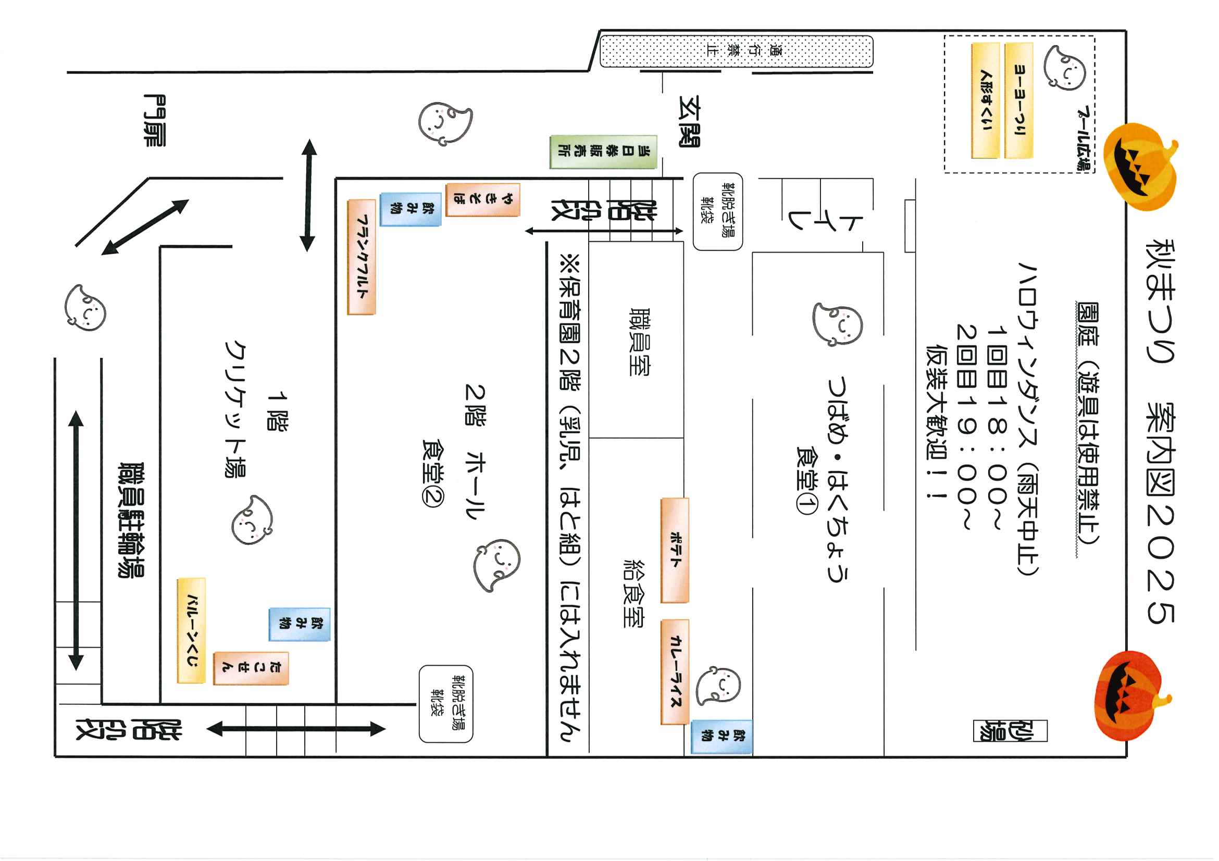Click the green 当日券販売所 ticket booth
click(604, 151)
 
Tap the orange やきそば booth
click(482, 199)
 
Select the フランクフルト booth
click(362, 257)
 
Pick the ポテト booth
click(675, 550)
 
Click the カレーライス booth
click(675, 672)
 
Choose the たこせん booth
click(251, 668)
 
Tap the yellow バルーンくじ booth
click(191, 630)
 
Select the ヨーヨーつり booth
click(1019, 100)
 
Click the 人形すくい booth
click(986, 100)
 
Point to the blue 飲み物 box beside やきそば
click(411, 209)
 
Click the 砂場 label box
click(1010, 730)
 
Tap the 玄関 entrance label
click(690, 121)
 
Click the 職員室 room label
click(639, 341)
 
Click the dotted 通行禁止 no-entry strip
click(737, 52)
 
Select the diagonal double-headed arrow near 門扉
click(145, 227)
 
